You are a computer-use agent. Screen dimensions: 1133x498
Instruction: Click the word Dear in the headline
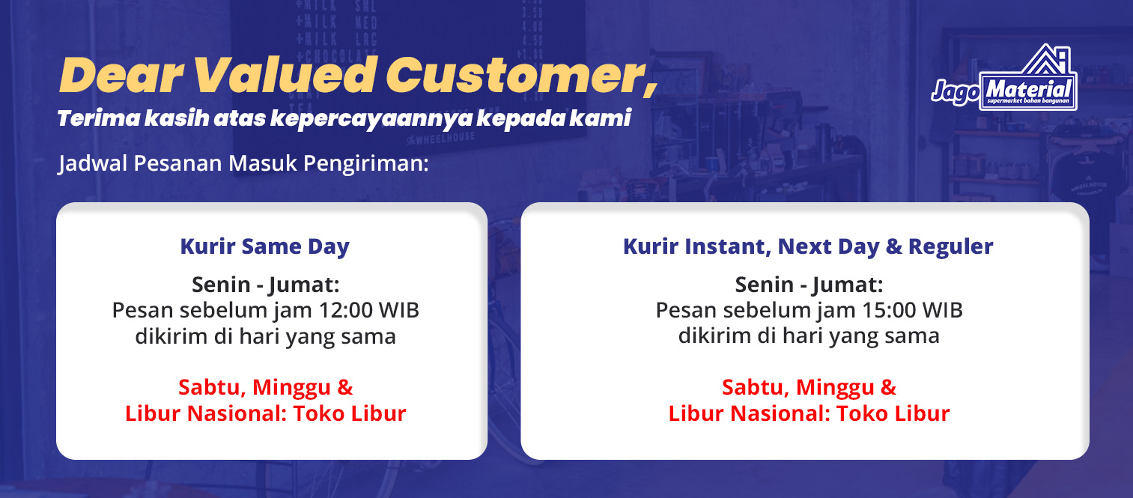tap(121, 76)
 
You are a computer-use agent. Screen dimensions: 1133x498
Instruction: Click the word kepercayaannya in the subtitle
tap(371, 118)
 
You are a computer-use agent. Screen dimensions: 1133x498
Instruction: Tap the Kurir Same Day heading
tap(265, 246)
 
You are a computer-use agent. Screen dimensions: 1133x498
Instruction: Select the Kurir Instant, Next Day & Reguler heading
tap(808, 246)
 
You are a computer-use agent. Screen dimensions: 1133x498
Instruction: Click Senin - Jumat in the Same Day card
tap(266, 285)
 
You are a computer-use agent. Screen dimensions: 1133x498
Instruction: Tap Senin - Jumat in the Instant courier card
tap(809, 285)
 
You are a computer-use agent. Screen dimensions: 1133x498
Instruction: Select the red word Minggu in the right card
tap(835, 388)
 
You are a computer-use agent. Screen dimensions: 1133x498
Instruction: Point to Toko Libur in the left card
tap(350, 413)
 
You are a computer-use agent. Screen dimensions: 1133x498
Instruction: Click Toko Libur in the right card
tap(893, 413)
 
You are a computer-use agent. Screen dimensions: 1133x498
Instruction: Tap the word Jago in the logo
tap(956, 92)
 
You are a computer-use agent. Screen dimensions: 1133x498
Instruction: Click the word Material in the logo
tap(1028, 89)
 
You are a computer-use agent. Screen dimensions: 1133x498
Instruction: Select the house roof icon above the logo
tap(1047, 58)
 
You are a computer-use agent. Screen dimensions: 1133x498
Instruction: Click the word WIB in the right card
tap(942, 310)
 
